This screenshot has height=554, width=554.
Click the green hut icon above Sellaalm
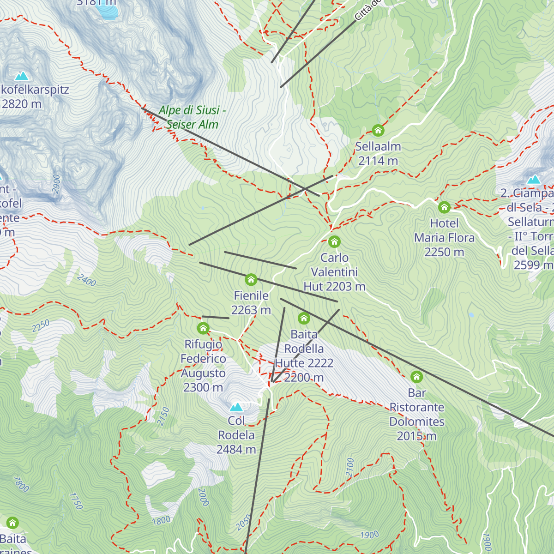coord(378,131)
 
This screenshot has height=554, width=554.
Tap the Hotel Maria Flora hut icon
coord(444,207)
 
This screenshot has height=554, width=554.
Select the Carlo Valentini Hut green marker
coord(334,241)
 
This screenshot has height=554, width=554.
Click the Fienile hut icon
coord(251,280)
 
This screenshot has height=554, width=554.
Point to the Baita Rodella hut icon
coord(304,318)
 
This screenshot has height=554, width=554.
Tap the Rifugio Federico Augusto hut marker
coord(203,328)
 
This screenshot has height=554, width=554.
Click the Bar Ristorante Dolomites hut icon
coord(416,377)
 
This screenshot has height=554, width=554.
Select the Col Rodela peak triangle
coord(236,407)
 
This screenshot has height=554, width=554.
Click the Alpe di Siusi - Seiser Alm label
coord(192,117)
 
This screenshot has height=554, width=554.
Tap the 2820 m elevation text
coord(22,104)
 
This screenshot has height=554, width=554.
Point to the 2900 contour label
coord(56,184)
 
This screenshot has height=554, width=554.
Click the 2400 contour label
coord(86,280)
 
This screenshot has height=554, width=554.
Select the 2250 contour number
coord(41,326)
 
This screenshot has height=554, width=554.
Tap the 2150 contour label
coord(163,416)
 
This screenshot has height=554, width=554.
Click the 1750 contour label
coord(76,501)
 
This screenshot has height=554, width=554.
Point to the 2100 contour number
coord(350,468)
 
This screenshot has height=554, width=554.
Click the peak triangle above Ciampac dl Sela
coord(534,180)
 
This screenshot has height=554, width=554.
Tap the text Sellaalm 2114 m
coord(378,154)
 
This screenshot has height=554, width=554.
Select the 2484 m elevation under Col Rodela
coord(236,449)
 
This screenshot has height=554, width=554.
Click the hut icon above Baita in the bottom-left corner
coord(12,523)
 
